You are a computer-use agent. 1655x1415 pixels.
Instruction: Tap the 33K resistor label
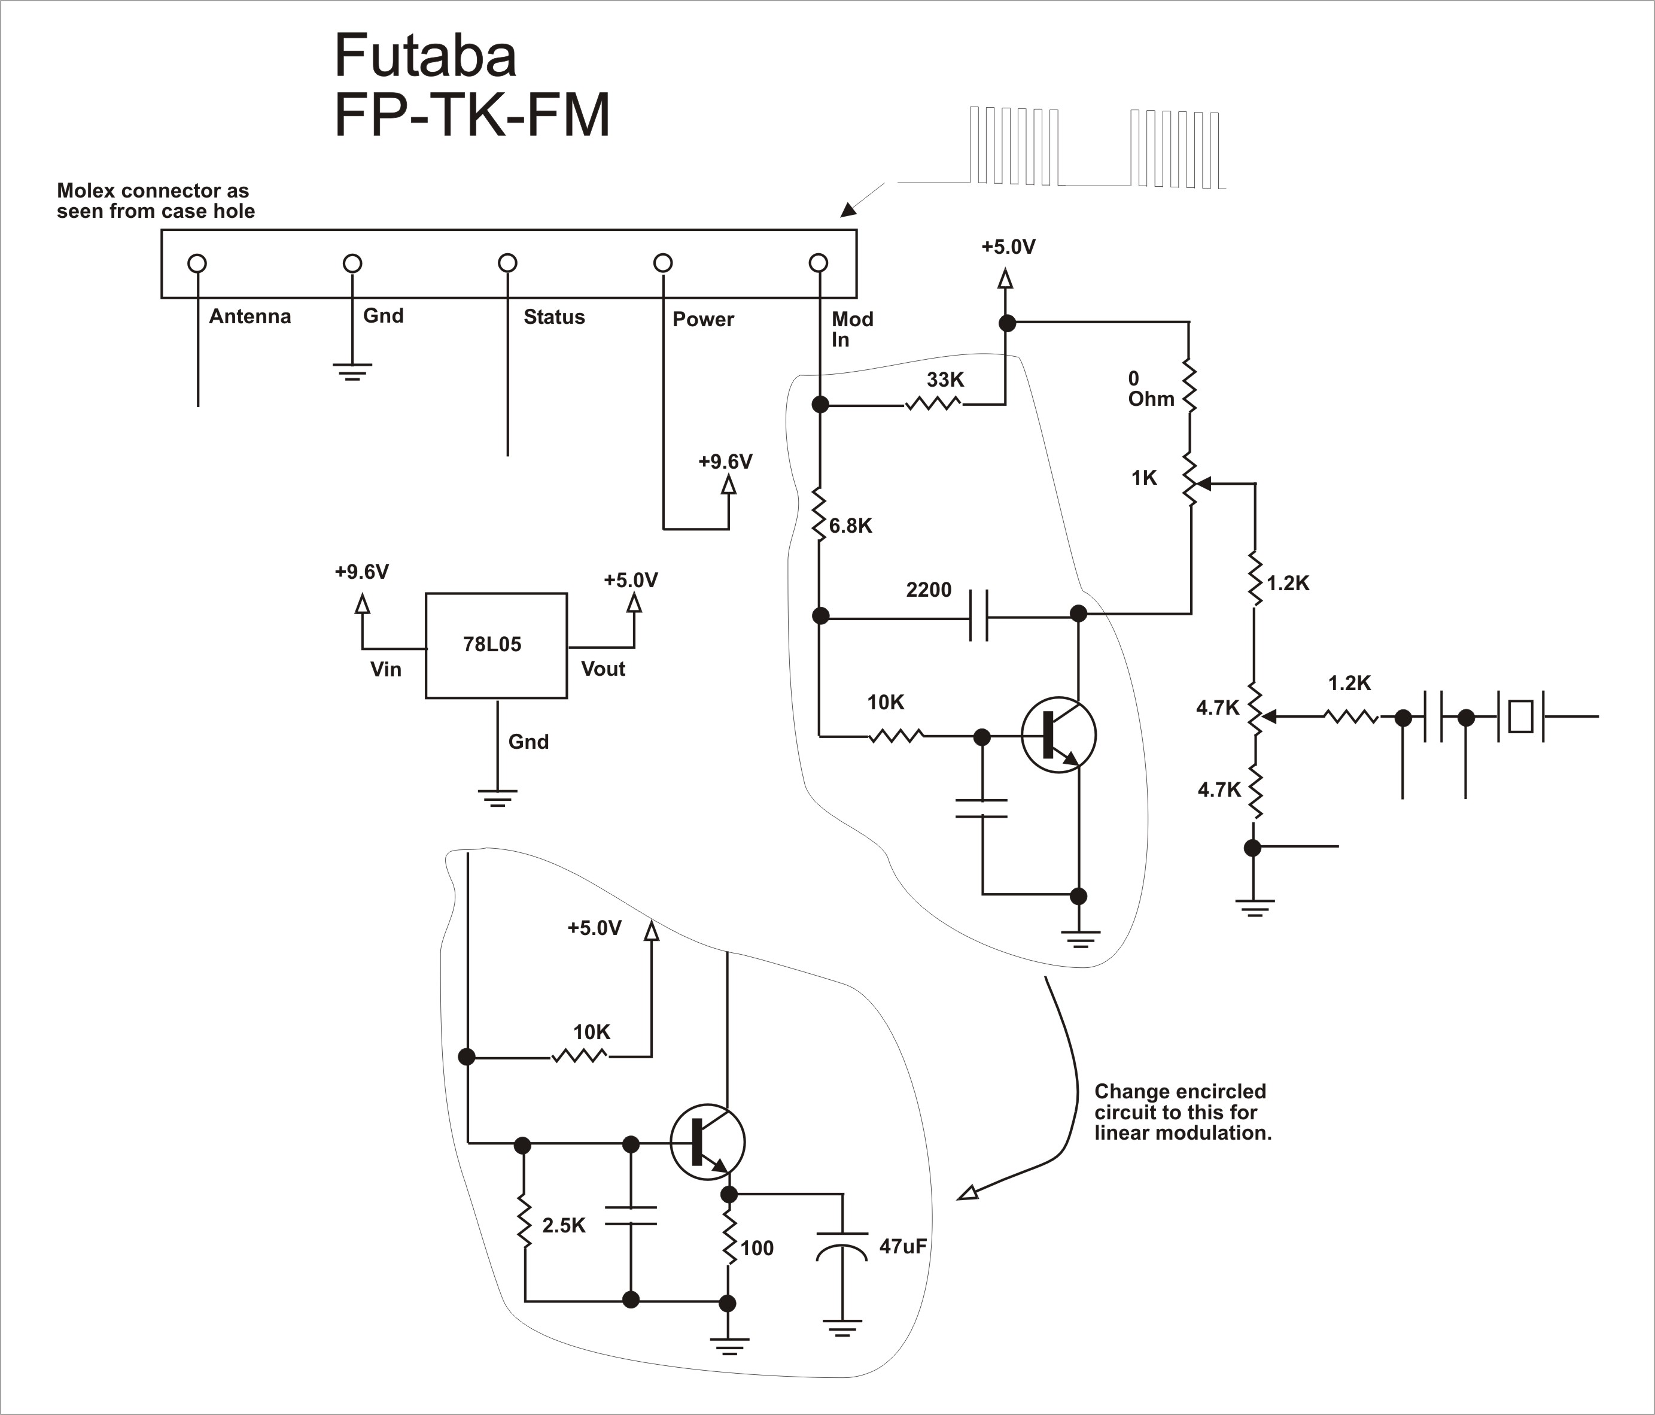(x=945, y=379)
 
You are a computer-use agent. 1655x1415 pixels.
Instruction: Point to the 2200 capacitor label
(x=928, y=590)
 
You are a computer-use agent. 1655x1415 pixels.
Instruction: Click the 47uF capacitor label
(x=902, y=1246)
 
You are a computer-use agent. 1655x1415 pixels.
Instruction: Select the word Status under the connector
(x=553, y=317)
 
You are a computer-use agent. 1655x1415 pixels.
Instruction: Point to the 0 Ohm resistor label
(x=1150, y=388)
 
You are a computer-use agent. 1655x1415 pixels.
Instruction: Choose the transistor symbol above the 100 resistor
(x=707, y=1143)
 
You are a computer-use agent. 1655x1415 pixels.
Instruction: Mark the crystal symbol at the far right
(x=1519, y=716)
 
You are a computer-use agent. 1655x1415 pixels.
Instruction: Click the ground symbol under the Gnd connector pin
(x=352, y=372)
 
